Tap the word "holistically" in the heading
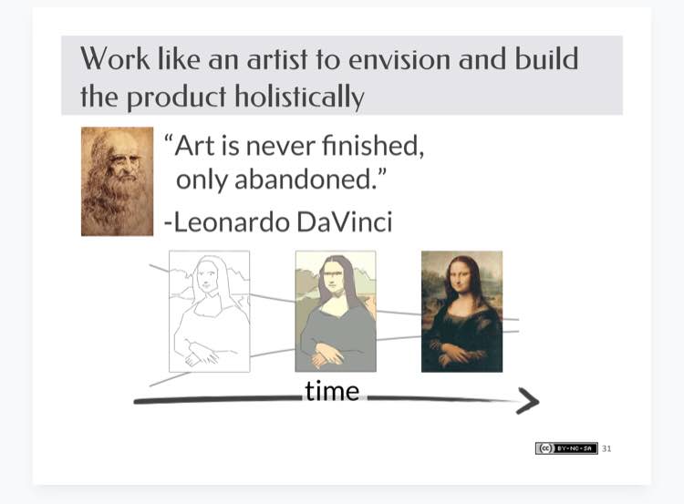click(299, 97)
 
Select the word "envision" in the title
click(399, 59)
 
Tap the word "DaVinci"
click(345, 221)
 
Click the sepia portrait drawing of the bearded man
click(117, 181)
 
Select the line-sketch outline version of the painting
click(210, 312)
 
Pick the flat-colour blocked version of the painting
click(336, 312)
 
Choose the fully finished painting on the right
click(462, 312)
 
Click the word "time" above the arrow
click(332, 391)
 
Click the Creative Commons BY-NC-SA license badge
click(566, 448)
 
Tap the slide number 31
click(606, 448)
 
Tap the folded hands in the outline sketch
click(201, 354)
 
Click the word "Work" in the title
click(115, 59)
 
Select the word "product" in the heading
click(176, 98)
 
